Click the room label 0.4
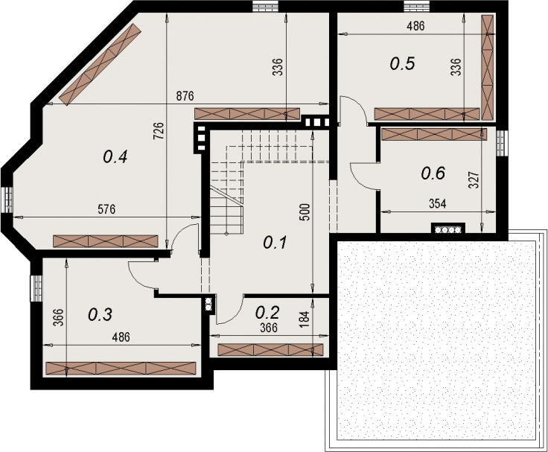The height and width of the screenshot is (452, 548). [x=115, y=157]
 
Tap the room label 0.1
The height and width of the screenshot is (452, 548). [x=275, y=242]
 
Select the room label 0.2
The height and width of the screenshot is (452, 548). [x=267, y=312]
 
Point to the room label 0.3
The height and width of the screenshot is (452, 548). [x=100, y=315]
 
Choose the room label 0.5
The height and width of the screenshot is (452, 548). [x=402, y=63]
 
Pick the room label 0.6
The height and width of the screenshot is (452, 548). [x=433, y=173]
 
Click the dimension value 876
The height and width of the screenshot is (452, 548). [x=185, y=96]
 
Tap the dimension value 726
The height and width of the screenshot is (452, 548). [x=159, y=131]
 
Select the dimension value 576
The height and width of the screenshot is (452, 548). [x=106, y=209]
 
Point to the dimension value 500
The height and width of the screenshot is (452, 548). [x=305, y=212]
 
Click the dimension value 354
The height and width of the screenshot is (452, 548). [x=437, y=204]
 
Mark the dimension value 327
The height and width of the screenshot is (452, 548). [x=474, y=180]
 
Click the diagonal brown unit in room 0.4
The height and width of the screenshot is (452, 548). [x=101, y=63]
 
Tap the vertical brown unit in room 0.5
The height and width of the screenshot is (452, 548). [x=487, y=68]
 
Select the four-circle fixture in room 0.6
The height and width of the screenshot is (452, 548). [x=448, y=228]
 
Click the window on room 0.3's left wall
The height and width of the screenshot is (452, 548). [x=36, y=288]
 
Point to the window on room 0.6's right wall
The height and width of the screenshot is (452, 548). [x=503, y=143]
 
